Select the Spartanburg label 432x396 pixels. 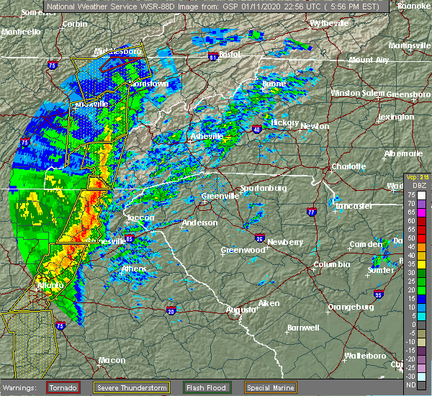pos(264,188)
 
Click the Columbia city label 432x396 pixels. pos(332,265)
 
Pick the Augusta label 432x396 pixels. pos(240,310)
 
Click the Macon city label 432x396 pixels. pos(111,359)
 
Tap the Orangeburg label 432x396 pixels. pos(351,307)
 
